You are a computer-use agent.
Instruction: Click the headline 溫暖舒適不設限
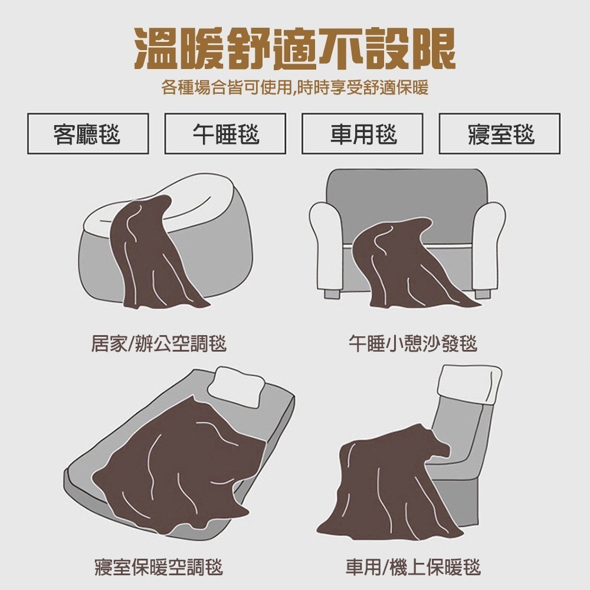pyautogui.click(x=295, y=48)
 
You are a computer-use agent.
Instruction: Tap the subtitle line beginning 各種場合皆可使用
pyautogui.click(x=295, y=88)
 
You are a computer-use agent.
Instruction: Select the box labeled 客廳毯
pyautogui.click(x=88, y=133)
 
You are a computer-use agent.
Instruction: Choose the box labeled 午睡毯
pyautogui.click(x=225, y=133)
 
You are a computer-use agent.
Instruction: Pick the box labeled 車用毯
pyautogui.click(x=362, y=133)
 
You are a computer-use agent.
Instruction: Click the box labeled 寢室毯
pyautogui.click(x=500, y=133)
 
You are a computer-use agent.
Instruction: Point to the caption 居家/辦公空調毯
pyautogui.click(x=159, y=343)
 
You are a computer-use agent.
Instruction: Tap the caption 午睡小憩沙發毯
pyautogui.click(x=413, y=343)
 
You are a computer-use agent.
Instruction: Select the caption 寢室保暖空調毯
pyautogui.click(x=159, y=568)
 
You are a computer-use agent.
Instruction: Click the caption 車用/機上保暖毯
pyautogui.click(x=413, y=568)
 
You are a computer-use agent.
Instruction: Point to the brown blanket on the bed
pyautogui.click(x=181, y=470)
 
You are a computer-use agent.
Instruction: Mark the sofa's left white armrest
pyautogui.click(x=326, y=245)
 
